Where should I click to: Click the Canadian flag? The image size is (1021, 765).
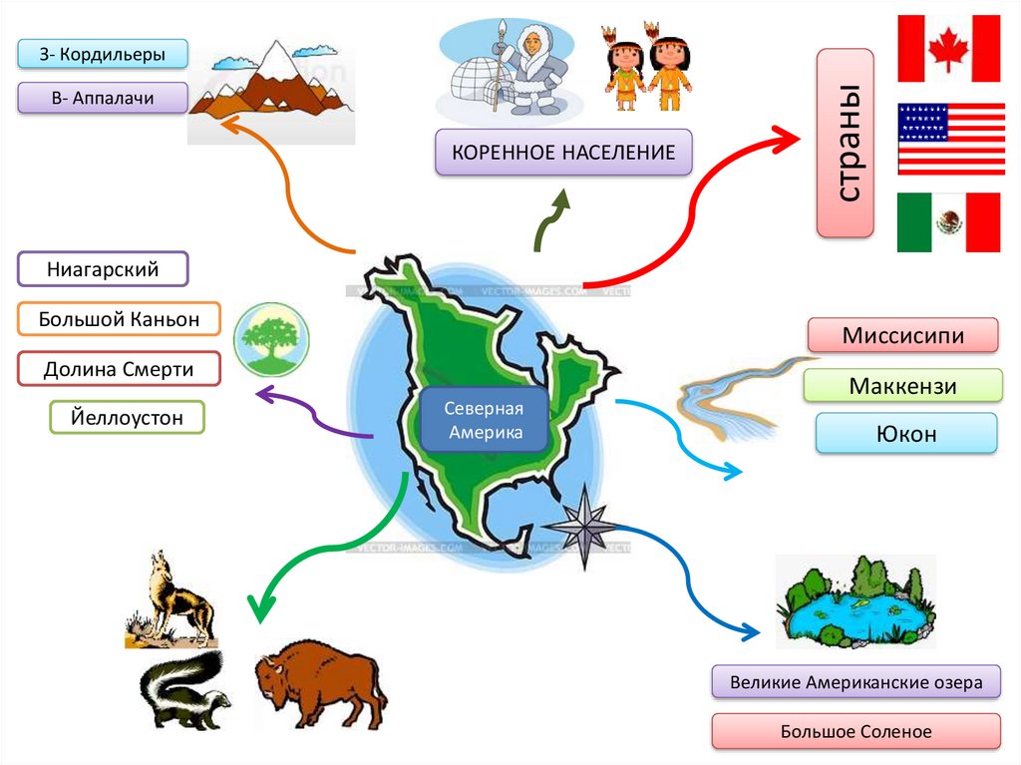point(948,48)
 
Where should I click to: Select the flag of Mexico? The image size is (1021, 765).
point(948,221)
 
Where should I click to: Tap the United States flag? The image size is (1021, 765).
point(951,138)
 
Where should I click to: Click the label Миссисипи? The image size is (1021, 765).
point(902,335)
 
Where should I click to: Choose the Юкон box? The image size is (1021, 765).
point(905,434)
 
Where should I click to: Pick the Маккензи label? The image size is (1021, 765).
point(902,385)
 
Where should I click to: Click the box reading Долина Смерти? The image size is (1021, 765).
point(119,369)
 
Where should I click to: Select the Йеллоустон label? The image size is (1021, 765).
point(127,417)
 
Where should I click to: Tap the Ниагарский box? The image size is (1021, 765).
point(103,269)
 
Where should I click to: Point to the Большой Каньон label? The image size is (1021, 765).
point(119,319)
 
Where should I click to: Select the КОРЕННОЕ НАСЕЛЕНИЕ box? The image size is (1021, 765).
point(563,153)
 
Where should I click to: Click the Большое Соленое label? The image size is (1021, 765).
point(855,731)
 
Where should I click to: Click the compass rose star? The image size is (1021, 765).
point(581,526)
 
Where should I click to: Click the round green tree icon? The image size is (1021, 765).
point(271,340)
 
